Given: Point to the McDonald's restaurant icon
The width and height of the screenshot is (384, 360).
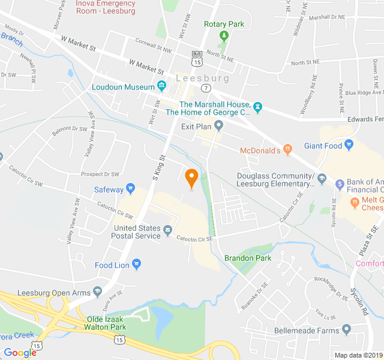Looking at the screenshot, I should click(x=287, y=149).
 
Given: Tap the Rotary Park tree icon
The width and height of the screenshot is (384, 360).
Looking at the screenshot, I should click(x=224, y=35).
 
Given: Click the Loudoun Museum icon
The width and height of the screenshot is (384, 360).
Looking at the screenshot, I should click(x=161, y=87).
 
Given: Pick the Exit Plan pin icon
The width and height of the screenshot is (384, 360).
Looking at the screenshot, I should click(x=219, y=126).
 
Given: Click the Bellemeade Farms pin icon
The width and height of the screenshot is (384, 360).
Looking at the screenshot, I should click(x=346, y=330).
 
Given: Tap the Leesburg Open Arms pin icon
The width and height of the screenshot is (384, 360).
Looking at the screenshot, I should click(x=98, y=292).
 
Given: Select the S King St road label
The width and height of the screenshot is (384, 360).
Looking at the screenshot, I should click(x=158, y=166).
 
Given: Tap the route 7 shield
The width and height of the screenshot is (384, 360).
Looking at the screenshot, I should click(x=206, y=88).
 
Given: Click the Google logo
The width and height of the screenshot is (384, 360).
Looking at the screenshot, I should click(x=20, y=353).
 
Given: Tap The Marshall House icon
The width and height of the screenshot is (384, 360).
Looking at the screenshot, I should click(x=258, y=108).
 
